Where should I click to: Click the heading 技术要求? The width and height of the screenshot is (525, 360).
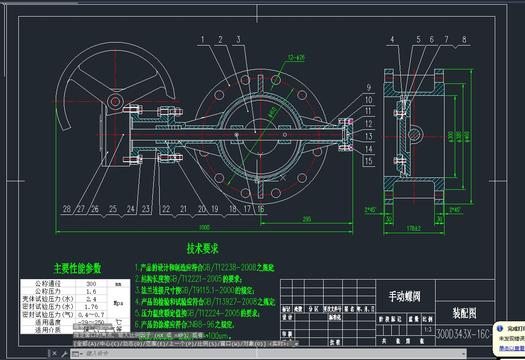[x=202, y=249]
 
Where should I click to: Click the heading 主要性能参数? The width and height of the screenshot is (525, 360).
[x=77, y=269]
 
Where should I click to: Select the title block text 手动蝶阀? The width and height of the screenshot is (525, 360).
[x=405, y=296]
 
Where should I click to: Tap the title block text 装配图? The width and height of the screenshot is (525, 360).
[x=464, y=314]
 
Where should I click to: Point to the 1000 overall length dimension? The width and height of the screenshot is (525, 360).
[x=204, y=228]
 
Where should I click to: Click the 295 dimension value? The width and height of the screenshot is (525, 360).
[x=307, y=219]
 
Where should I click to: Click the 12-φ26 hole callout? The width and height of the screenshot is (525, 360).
[x=297, y=57]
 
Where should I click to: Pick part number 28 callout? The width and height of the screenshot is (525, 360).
[x=66, y=209]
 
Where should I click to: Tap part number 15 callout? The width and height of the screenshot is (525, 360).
[x=368, y=161]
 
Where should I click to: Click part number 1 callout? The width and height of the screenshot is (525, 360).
[x=203, y=40]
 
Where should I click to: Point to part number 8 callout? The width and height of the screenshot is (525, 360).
[x=464, y=40]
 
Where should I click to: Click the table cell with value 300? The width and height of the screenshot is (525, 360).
[x=91, y=283]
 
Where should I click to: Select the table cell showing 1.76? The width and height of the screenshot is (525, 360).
[x=91, y=306]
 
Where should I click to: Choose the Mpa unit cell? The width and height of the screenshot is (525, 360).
[x=118, y=303]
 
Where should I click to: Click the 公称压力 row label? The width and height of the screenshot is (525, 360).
[x=48, y=291]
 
